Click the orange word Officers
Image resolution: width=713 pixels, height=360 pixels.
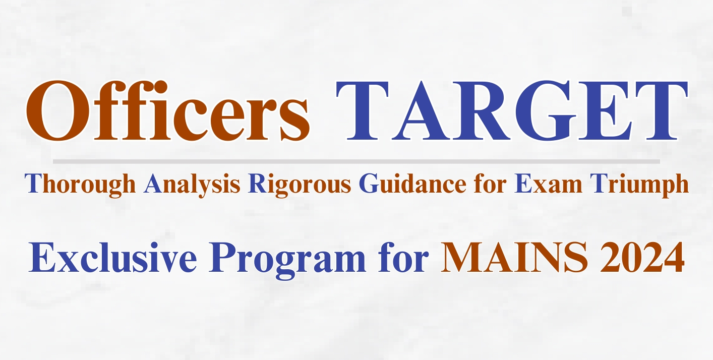(x=168, y=110)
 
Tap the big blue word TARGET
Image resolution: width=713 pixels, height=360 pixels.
(x=512, y=111)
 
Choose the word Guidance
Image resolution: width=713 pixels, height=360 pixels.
(x=412, y=184)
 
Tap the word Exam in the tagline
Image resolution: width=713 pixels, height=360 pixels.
(x=548, y=184)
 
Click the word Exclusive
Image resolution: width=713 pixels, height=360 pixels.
(x=112, y=257)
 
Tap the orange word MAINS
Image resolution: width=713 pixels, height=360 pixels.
(x=514, y=257)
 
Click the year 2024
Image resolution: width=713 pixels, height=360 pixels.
(x=642, y=257)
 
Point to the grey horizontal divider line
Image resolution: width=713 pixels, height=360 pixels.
(x=356, y=162)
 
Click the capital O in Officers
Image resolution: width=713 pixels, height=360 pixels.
(x=57, y=110)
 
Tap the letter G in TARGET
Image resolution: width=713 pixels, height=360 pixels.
(x=545, y=111)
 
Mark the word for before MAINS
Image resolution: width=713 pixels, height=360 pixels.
(x=403, y=257)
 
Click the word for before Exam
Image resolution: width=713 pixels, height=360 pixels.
(x=490, y=184)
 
